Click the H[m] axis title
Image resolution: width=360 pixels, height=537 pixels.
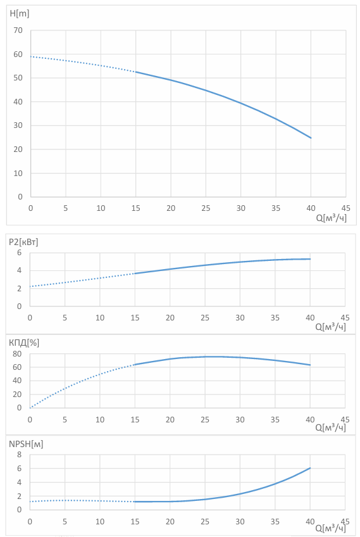pyautogui.click(x=20, y=13)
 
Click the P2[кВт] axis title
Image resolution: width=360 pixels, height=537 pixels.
pyautogui.click(x=23, y=242)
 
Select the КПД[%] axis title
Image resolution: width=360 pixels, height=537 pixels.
pyautogui.click(x=24, y=343)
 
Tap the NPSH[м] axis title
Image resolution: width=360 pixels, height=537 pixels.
pyautogui.click(x=26, y=444)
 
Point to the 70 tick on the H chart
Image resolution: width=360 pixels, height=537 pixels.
pyautogui.click(x=18, y=30)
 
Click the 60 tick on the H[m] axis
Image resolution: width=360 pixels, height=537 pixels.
pyautogui.click(x=18, y=54)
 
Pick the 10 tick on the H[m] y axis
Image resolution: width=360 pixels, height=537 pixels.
pyautogui.click(x=18, y=174)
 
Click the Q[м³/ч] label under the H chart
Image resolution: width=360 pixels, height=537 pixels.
pyautogui.click(x=332, y=218)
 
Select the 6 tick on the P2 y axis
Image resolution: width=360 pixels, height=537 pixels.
pyautogui.click(x=19, y=253)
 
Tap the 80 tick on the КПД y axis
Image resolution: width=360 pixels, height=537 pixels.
pyautogui.click(x=17, y=354)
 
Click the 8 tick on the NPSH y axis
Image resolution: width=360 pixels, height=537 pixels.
pyautogui.click(x=19, y=455)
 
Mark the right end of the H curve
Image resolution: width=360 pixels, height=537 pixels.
pyautogui.click(x=311, y=138)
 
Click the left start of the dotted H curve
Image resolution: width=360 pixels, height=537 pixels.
pyautogui.click(x=31, y=56)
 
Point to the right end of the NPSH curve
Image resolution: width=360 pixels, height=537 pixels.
pyautogui.click(x=310, y=468)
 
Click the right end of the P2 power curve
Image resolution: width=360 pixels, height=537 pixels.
pyautogui.click(x=310, y=259)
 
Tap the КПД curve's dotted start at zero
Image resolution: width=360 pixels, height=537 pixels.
pyautogui.click(x=30, y=408)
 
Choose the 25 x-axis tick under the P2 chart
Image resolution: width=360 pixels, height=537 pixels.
pyautogui.click(x=205, y=318)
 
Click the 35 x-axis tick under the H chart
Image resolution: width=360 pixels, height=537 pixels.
pyautogui.click(x=276, y=208)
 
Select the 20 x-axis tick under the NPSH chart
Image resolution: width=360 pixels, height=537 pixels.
pyautogui.click(x=170, y=522)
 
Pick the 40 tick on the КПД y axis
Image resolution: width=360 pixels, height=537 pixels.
pyautogui.click(x=17, y=381)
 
